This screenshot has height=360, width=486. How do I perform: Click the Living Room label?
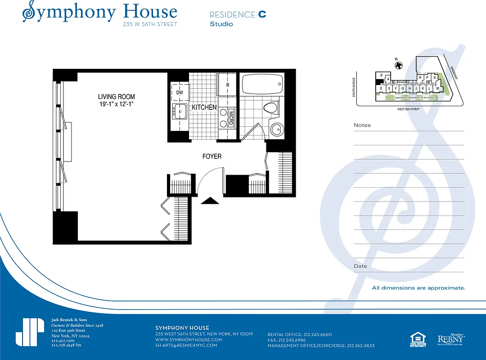(117, 97)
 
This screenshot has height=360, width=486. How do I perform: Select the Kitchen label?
(204, 108)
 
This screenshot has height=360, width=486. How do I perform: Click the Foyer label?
(211, 156)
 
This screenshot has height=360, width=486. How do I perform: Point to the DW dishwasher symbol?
(180, 92)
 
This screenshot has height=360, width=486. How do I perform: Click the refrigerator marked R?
(227, 85)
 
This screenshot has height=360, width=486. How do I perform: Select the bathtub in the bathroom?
(262, 83)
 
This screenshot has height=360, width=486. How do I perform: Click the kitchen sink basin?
(180, 110)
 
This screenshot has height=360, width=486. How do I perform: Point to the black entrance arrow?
(209, 200)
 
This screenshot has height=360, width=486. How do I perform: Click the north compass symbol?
(398, 65)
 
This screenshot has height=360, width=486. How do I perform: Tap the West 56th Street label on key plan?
(409, 109)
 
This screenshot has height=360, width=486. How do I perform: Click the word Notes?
(362, 125)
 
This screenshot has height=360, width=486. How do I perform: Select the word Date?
(360, 266)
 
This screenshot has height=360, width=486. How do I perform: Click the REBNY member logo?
(451, 339)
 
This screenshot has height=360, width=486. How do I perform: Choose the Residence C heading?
(238, 14)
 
